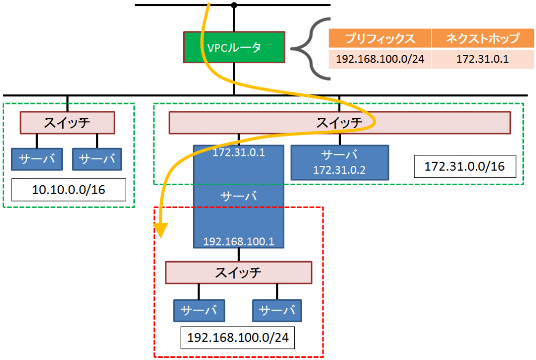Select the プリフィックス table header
pos(380,38)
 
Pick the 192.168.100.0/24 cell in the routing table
pos(380,59)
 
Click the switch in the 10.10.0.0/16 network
pos(67,123)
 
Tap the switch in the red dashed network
pos(238,272)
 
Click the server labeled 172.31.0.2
pos(339,162)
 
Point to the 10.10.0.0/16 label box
pos(68,189)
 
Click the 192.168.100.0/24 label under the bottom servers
pos(238,337)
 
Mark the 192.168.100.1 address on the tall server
pos(239,242)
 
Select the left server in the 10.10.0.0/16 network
pos(37,159)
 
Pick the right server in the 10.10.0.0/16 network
pos(97,159)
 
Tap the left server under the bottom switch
pos(199,310)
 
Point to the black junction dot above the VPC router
pos(234,5)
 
